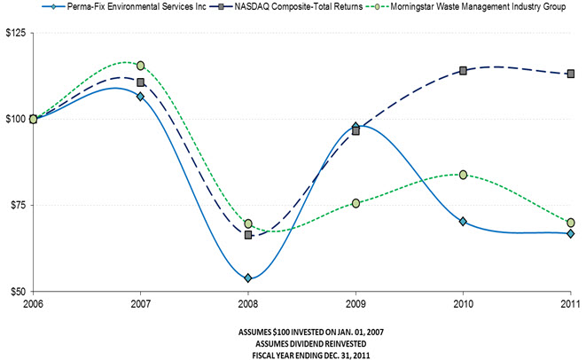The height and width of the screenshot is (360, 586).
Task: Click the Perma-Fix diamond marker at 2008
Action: [248, 278]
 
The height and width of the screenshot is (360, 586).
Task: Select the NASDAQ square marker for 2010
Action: [463, 71]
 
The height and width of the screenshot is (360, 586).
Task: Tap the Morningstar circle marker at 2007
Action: [141, 66]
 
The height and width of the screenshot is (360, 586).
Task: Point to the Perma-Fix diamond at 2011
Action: [571, 233]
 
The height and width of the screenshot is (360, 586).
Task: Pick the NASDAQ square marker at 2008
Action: [248, 235]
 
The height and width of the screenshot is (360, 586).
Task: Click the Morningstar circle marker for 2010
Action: [463, 175]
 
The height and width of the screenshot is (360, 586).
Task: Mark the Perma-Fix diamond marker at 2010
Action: [463, 222]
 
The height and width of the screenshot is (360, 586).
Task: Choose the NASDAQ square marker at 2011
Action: [571, 74]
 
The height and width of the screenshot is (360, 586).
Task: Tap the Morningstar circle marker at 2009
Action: [356, 203]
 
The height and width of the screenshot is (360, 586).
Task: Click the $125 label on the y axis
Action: [16, 33]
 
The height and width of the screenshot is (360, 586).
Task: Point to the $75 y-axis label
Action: [18, 205]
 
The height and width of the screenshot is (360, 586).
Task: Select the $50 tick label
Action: [18, 291]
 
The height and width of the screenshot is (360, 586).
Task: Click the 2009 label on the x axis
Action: [356, 303]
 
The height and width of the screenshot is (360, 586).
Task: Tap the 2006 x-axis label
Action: [33, 303]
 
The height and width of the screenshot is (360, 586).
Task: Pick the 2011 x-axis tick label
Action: [570, 303]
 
